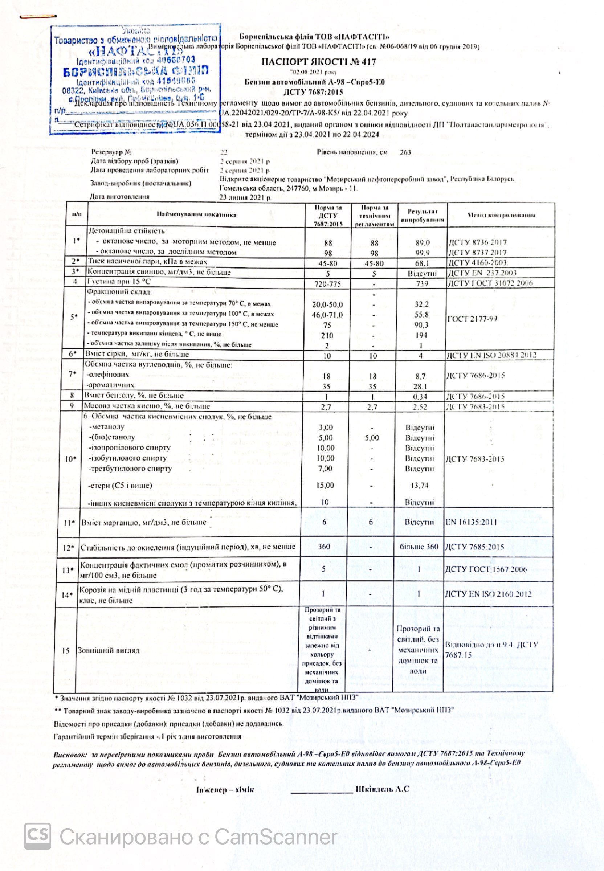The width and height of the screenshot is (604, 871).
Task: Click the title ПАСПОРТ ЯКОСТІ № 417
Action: click(318, 62)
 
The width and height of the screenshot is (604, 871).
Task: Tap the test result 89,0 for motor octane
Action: click(422, 242)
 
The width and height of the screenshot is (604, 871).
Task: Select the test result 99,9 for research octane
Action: click(422, 253)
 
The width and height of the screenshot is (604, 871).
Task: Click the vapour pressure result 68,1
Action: click(422, 263)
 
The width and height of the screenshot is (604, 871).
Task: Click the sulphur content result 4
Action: click(420, 356)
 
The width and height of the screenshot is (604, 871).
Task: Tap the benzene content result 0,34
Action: click(420, 397)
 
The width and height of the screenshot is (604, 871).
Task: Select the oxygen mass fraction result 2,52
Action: click(420, 407)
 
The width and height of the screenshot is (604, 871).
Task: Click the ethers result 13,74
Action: click(419, 486)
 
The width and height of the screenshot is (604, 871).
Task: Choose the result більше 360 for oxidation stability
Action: click(419, 547)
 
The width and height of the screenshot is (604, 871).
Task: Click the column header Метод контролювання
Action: click(501, 215)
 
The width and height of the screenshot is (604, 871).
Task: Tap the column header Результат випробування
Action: click(423, 215)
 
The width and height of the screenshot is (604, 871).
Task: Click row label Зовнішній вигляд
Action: click(109, 650)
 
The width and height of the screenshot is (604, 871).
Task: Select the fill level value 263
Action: click(405, 152)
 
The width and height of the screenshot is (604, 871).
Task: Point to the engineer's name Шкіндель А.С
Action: click(382, 789)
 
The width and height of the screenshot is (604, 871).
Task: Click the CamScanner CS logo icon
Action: click(37, 836)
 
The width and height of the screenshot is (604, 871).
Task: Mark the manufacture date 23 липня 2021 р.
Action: click(245, 197)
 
